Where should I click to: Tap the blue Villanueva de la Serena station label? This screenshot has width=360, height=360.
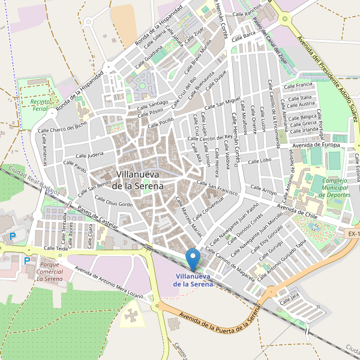coord(193,280)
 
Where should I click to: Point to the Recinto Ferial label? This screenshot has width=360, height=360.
coord(34,106)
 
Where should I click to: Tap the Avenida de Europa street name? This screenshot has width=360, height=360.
coord(316,145)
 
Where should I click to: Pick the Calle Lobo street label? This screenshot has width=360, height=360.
coord(259,161)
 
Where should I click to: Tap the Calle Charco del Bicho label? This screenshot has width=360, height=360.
coord(62,128)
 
